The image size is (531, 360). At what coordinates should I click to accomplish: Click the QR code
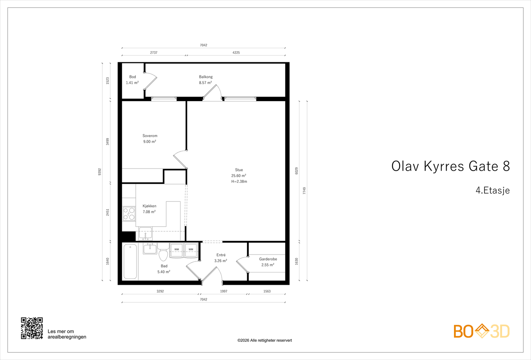(x=32, y=328)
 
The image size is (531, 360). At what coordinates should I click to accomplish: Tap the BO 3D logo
(x=482, y=331)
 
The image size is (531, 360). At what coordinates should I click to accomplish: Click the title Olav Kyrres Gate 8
(x=450, y=166)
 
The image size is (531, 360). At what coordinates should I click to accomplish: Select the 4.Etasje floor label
(x=493, y=190)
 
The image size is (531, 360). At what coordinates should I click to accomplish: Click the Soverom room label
(x=150, y=136)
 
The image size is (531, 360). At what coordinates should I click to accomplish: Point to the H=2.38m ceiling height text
(x=239, y=181)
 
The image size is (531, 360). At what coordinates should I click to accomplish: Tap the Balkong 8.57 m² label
(x=205, y=80)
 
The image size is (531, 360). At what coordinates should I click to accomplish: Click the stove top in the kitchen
(x=129, y=214)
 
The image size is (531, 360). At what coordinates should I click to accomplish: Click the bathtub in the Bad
(x=130, y=262)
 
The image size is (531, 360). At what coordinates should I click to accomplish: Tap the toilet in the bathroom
(x=163, y=254)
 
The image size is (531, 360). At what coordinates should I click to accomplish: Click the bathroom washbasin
(x=150, y=249)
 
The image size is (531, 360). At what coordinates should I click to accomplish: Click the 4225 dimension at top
(x=236, y=52)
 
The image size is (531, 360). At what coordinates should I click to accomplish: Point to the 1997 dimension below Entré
(x=224, y=291)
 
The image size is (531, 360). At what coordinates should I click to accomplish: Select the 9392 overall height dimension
(x=100, y=172)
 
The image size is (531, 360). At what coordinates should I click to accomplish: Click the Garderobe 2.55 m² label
(x=268, y=262)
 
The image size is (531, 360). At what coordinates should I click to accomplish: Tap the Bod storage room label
(x=132, y=80)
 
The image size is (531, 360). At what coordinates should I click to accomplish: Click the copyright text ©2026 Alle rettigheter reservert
(x=265, y=340)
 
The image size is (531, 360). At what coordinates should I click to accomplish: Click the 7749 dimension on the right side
(x=304, y=191)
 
